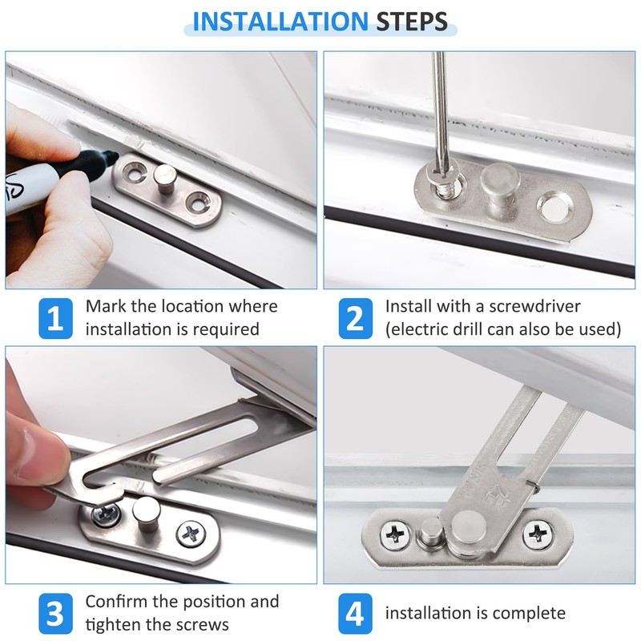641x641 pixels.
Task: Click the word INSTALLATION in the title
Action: (280, 22)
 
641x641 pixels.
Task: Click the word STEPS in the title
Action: (412, 22)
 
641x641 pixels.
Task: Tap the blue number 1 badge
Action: (55, 318)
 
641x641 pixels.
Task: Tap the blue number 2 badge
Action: (355, 318)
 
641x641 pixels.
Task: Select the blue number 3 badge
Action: (55, 613)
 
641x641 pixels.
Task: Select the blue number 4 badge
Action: (355, 613)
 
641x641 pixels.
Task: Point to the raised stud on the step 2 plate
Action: (499, 184)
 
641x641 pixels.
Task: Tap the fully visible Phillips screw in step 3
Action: (191, 534)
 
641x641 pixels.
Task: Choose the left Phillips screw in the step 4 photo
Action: (395, 534)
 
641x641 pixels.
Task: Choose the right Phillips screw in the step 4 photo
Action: (538, 533)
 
